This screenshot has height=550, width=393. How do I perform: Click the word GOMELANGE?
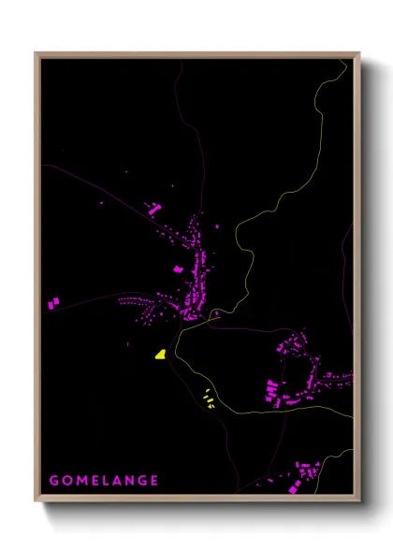tap(104, 481)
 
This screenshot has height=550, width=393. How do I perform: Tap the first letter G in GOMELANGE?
tap(54, 481)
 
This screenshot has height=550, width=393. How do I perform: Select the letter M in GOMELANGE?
tap(80, 481)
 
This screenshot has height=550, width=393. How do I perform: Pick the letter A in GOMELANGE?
tap(116, 481)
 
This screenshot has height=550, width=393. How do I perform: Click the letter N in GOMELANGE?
tap(129, 481)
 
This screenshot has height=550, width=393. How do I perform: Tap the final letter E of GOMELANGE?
tap(154, 481)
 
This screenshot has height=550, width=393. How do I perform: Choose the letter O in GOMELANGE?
tap(66, 481)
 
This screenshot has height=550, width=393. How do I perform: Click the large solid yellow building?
tap(161, 355)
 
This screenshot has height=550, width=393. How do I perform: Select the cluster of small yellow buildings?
tap(209, 399)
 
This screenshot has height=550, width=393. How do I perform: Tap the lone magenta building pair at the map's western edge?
tap(53, 303)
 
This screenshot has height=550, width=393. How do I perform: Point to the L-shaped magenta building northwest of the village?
tap(154, 209)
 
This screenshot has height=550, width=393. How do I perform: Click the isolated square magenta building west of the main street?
tap(178, 269)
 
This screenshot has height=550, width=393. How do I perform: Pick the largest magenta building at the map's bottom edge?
tap(306, 468)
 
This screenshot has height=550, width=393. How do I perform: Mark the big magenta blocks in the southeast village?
tap(272, 389)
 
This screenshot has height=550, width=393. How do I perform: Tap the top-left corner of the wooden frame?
tap(36, 54)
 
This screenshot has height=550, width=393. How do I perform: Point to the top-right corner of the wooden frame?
tap(358, 54)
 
